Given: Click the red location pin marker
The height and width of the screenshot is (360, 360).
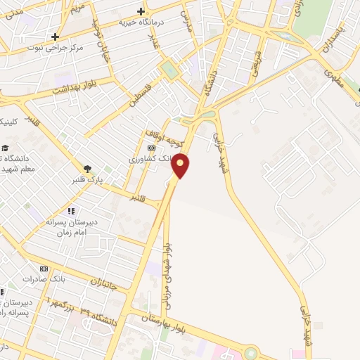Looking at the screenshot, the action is pyautogui.click(x=181, y=165).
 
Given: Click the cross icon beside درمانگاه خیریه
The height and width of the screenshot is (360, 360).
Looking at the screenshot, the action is pyautogui.click(x=141, y=11).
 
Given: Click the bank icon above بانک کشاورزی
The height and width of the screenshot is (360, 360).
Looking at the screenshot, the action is pyautogui.click(x=151, y=148).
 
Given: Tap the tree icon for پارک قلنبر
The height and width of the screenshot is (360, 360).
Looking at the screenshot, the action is pyautogui.click(x=87, y=169).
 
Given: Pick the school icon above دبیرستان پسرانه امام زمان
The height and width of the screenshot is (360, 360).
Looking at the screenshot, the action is pyautogui.click(x=70, y=211).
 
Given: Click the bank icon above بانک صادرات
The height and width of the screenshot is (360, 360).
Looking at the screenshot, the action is pyautogui.click(x=44, y=269).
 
